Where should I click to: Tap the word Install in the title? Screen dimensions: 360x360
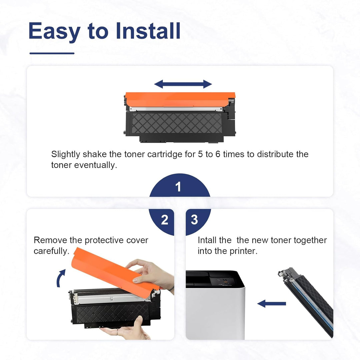pyautogui.click(x=148, y=31)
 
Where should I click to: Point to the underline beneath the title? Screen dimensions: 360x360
pyautogui.click(x=52, y=53)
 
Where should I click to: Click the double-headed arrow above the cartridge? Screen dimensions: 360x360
pyautogui.click(x=183, y=84)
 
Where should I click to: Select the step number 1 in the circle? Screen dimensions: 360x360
pyautogui.click(x=178, y=187)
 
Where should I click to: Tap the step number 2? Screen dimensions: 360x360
pyautogui.click(x=165, y=220)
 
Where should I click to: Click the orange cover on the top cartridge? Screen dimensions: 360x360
pyautogui.click(x=180, y=99)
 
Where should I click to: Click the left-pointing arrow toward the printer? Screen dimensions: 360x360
pyautogui.click(x=272, y=304)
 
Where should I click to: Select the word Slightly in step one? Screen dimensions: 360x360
pyautogui.click(x=66, y=155)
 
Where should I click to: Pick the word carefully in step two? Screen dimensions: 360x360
pyautogui.click(x=51, y=251)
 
